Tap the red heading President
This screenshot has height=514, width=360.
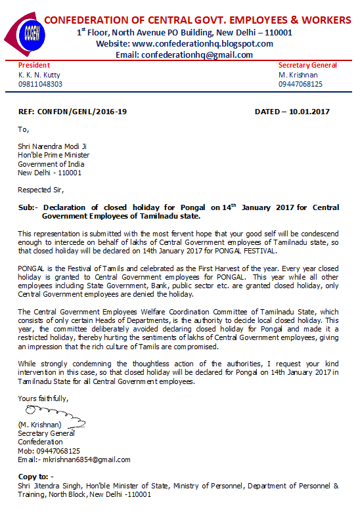click(34, 66)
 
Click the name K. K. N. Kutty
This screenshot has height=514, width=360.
click(39, 75)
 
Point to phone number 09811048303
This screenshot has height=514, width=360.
click(40, 84)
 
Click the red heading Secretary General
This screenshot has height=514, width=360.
click(307, 66)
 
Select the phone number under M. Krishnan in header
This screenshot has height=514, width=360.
click(300, 84)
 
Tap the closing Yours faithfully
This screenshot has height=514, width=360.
click(43, 398)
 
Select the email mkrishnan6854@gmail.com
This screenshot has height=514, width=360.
click(85, 460)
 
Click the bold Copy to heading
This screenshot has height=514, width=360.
click(35, 476)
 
